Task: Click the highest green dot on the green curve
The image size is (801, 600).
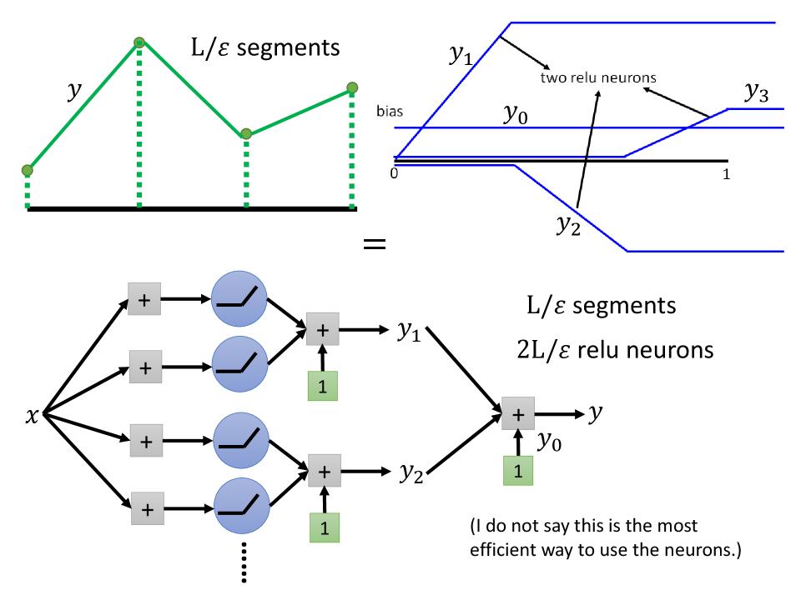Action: pyautogui.click(x=139, y=42)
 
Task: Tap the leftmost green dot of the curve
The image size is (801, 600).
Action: pyautogui.click(x=28, y=171)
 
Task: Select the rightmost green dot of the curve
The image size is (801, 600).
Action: pyautogui.click(x=353, y=87)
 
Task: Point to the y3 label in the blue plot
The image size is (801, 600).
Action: pyautogui.click(x=755, y=94)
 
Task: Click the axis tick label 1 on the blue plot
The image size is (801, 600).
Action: pyautogui.click(x=726, y=174)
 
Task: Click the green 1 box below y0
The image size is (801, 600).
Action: pyautogui.click(x=518, y=471)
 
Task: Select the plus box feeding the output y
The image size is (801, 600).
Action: pyautogui.click(x=518, y=413)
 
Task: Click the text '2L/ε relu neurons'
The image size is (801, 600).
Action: pyautogui.click(x=616, y=349)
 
